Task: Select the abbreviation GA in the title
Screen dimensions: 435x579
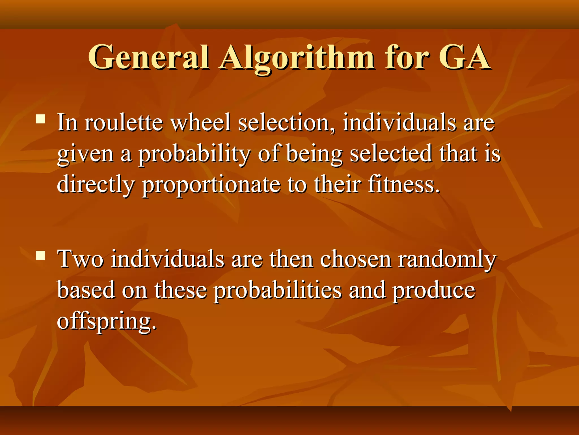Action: (464, 57)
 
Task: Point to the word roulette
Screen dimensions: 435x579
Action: (124, 122)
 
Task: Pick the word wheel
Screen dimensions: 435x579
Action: (201, 122)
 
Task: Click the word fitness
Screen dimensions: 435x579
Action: (404, 185)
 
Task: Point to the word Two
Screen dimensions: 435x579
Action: (81, 259)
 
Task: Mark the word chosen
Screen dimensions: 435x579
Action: (356, 259)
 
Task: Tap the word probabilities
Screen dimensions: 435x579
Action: (277, 291)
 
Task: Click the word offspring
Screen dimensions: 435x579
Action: (107, 322)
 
